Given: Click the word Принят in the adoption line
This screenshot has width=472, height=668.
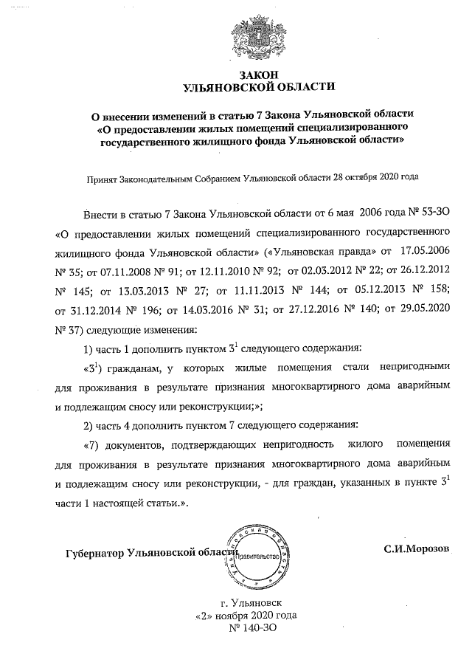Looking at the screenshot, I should tap(104, 178).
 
